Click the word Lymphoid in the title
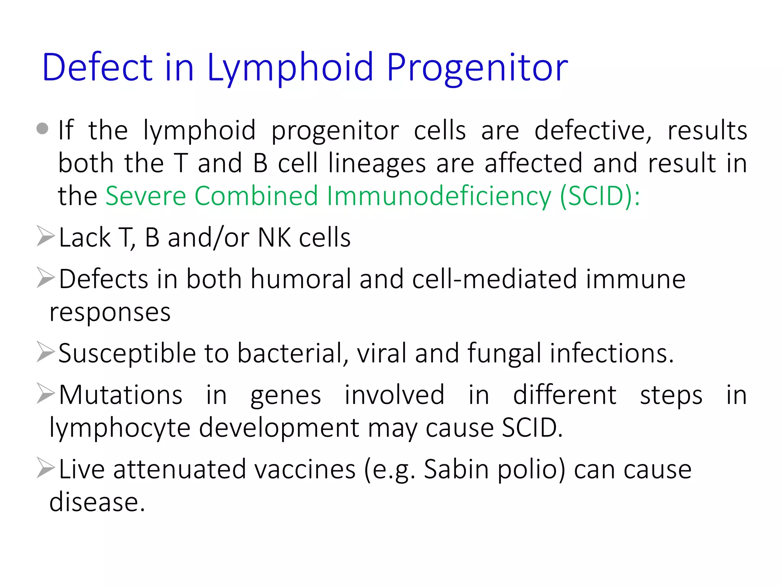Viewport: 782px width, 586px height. (x=290, y=68)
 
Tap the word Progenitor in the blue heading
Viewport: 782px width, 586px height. (x=477, y=68)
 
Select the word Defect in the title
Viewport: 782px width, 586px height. (x=97, y=67)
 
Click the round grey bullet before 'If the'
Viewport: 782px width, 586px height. (x=42, y=129)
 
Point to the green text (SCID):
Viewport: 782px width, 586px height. (x=600, y=196)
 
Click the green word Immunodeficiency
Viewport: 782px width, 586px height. (x=439, y=196)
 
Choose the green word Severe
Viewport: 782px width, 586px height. (x=145, y=196)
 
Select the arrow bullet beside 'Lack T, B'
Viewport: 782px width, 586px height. (x=45, y=236)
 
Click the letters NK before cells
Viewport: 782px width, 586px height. (x=274, y=238)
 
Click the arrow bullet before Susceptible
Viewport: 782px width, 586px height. (x=45, y=352)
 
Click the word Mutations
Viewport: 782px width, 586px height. (x=121, y=394)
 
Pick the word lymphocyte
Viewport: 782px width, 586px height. (x=120, y=428)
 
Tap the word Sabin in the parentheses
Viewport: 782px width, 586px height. (x=456, y=469)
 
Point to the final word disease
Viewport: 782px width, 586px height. (x=97, y=502)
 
